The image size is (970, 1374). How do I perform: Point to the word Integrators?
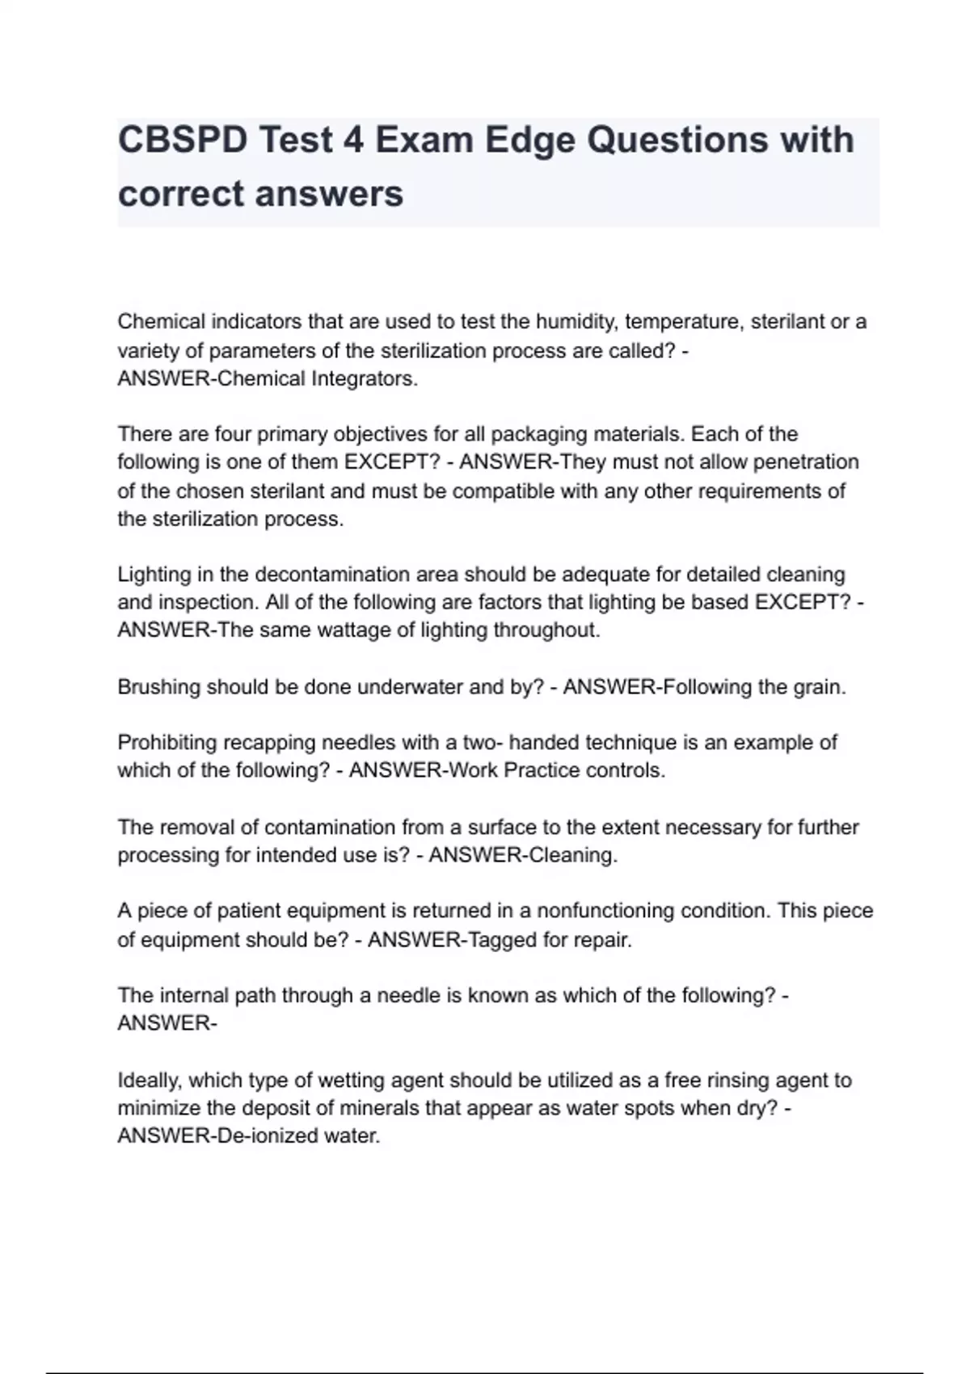[365, 378]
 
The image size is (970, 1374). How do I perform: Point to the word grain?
[814, 687]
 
